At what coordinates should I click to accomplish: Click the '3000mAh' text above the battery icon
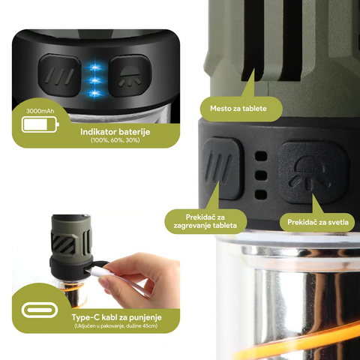pyautogui.click(x=40, y=111)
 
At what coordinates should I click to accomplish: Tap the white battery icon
pyautogui.click(x=40, y=124)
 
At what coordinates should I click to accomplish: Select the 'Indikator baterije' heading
pyautogui.click(x=115, y=132)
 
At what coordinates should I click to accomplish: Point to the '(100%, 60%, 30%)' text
pyautogui.click(x=115, y=140)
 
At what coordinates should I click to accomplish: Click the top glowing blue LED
pyautogui.click(x=94, y=67)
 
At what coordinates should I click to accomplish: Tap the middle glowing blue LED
pyautogui.click(x=94, y=80)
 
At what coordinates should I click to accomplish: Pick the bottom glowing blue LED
pyautogui.click(x=94, y=94)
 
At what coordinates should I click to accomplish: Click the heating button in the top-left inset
pyautogui.click(x=59, y=76)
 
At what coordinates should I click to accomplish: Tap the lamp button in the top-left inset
pyautogui.click(x=130, y=76)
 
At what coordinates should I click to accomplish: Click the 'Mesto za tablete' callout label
pyautogui.click(x=238, y=109)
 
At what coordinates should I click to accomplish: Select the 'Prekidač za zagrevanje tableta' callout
pyautogui.click(x=205, y=221)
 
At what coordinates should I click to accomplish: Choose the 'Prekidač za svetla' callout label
pyautogui.click(x=317, y=222)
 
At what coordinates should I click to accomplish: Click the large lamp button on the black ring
pyautogui.click(x=313, y=172)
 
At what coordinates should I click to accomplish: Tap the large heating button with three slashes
pyautogui.click(x=221, y=168)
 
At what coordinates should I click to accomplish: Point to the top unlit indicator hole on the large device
pyautogui.click(x=261, y=156)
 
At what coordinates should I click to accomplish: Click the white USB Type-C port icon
pyautogui.click(x=40, y=310)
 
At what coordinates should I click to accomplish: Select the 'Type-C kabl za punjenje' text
pyautogui.click(x=117, y=317)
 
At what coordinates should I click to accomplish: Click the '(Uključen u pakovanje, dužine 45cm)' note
pyautogui.click(x=116, y=326)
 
